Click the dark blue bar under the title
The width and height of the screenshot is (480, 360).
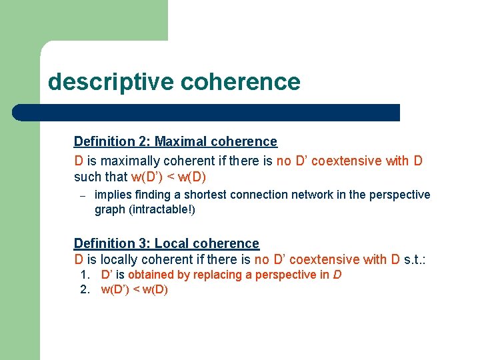pyautogui.click(x=207, y=113)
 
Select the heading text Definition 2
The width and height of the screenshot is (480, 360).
pyautogui.click(x=111, y=141)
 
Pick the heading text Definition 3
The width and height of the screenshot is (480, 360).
pyautogui.click(x=111, y=243)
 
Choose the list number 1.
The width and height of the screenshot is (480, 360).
pyautogui.click(x=85, y=275)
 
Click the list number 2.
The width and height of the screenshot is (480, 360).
pyautogui.click(x=85, y=289)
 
